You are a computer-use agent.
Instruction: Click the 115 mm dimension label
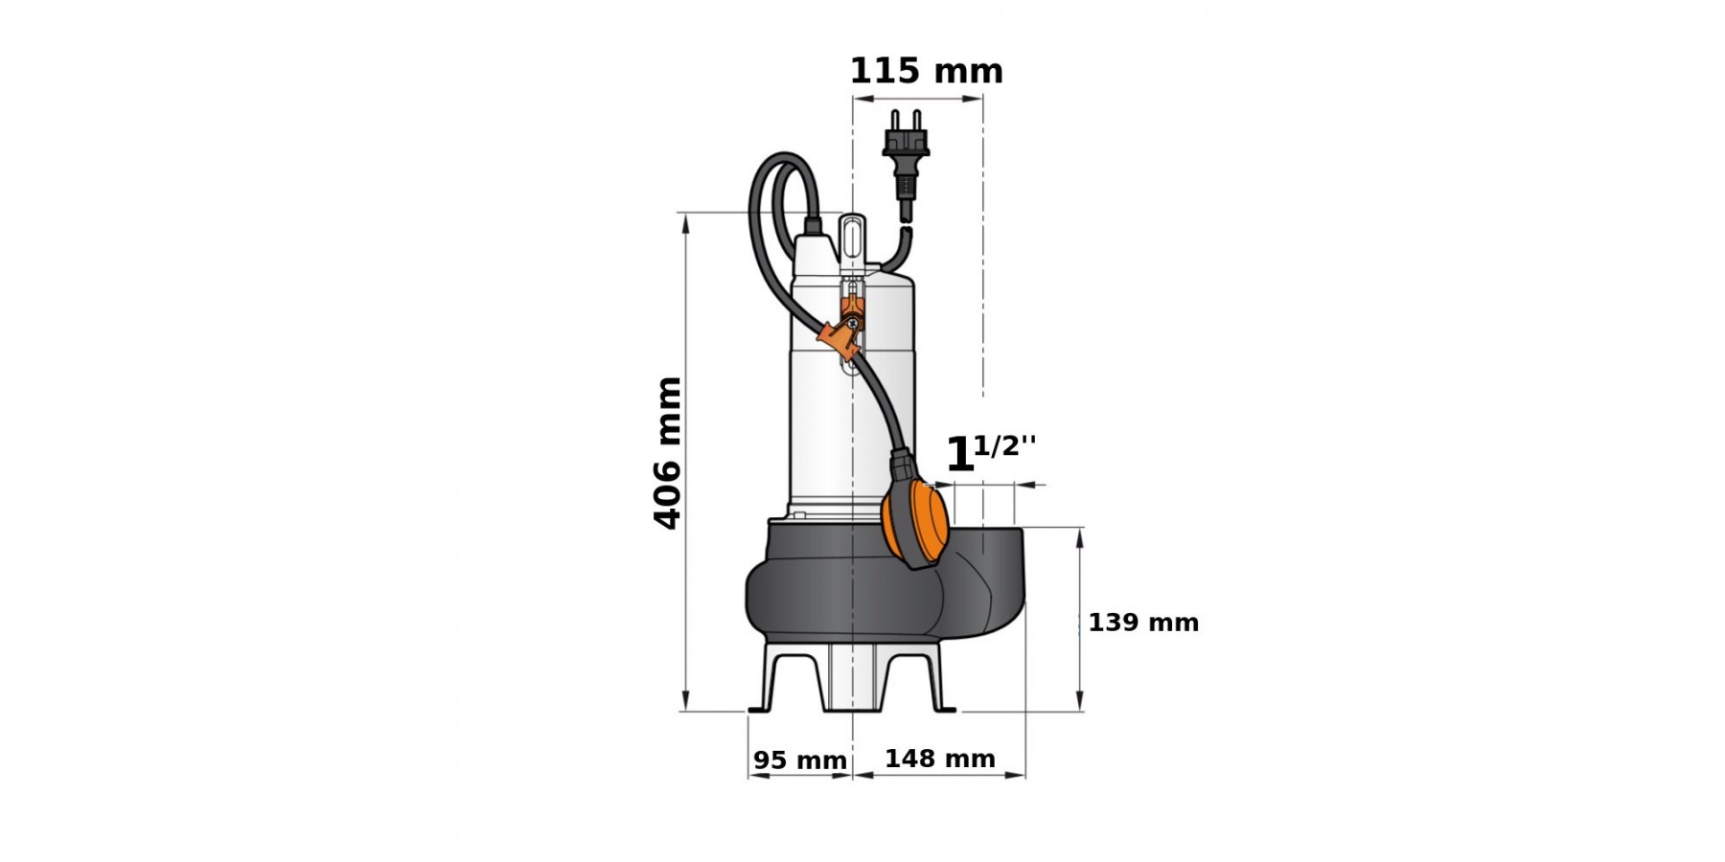pyautogui.click(x=926, y=71)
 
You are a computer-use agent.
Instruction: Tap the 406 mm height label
pyautogui.click(x=667, y=453)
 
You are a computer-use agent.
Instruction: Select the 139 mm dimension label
pyautogui.click(x=1143, y=623)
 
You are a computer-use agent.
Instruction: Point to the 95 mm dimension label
pyautogui.click(x=800, y=760)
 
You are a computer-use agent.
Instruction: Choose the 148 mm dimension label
pyautogui.click(x=940, y=759)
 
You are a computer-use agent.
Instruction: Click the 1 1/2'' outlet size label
pyautogui.click(x=991, y=454)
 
